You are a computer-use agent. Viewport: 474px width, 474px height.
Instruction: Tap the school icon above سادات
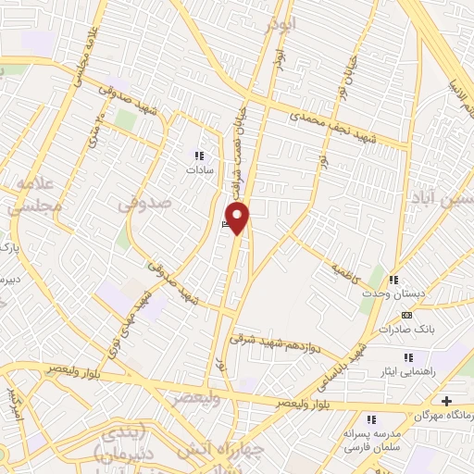pos(196,155)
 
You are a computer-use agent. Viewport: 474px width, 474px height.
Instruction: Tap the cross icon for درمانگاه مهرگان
pos(447,401)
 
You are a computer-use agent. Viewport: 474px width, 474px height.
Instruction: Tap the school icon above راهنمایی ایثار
pos(406,357)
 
